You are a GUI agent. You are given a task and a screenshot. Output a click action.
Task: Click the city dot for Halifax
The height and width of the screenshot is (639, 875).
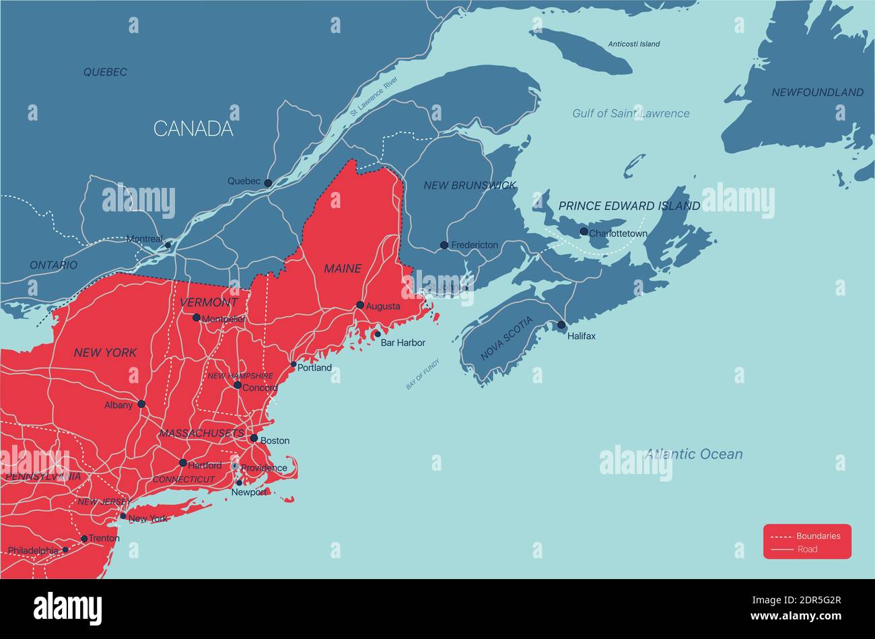561,325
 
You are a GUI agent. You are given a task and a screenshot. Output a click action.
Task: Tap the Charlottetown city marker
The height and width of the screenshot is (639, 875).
584,232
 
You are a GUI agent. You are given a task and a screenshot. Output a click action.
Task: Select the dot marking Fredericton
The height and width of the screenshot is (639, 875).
444,245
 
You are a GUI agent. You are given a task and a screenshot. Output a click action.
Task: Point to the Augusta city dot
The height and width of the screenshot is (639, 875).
360,305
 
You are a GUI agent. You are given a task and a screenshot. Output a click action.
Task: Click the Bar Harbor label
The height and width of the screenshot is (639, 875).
403,343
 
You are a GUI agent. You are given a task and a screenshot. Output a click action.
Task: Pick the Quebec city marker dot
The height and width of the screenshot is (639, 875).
268,182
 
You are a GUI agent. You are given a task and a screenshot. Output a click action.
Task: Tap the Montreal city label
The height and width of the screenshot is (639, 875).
144,239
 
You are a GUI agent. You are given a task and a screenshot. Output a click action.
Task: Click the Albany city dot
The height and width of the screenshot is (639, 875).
141,404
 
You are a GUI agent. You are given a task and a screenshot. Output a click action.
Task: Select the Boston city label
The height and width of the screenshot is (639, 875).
275,441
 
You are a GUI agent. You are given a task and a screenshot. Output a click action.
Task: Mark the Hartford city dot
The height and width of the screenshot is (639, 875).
182,463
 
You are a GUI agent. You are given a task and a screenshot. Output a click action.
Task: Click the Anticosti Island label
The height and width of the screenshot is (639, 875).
633,44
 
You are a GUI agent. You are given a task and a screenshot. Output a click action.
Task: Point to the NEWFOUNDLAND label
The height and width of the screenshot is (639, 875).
817,92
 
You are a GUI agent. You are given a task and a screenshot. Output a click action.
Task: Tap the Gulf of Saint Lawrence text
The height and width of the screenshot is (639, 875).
631,114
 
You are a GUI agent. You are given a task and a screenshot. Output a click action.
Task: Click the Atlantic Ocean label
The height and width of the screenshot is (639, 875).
693,454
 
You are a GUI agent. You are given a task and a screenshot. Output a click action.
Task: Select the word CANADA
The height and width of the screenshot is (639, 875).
193,129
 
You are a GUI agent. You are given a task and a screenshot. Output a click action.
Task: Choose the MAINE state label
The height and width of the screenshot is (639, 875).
343,269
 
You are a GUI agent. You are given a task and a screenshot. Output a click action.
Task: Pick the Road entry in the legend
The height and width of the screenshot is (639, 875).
807,549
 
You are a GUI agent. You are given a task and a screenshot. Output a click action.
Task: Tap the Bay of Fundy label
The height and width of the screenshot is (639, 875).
423,374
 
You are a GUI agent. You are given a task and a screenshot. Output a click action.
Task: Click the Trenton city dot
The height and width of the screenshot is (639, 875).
84,539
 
